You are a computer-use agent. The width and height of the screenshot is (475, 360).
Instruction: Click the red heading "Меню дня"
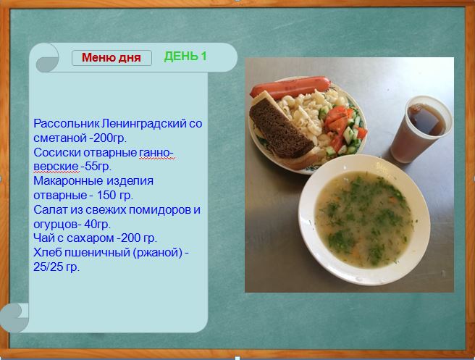(x=112, y=57)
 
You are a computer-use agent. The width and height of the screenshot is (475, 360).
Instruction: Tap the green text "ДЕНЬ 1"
(x=185, y=56)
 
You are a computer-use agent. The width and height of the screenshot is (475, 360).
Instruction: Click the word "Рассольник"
(x=67, y=124)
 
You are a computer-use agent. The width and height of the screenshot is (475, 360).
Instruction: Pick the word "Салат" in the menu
(x=51, y=209)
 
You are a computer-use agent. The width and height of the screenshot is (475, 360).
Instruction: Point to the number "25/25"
(x=49, y=267)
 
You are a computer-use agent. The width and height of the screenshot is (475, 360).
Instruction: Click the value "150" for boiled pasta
(x=106, y=195)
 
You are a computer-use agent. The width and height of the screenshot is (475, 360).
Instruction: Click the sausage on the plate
(x=290, y=86)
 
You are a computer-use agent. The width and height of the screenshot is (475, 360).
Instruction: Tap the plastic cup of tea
(x=421, y=129)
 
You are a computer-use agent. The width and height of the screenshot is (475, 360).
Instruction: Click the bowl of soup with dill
(x=364, y=219)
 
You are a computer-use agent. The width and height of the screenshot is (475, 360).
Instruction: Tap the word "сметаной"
(x=60, y=138)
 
